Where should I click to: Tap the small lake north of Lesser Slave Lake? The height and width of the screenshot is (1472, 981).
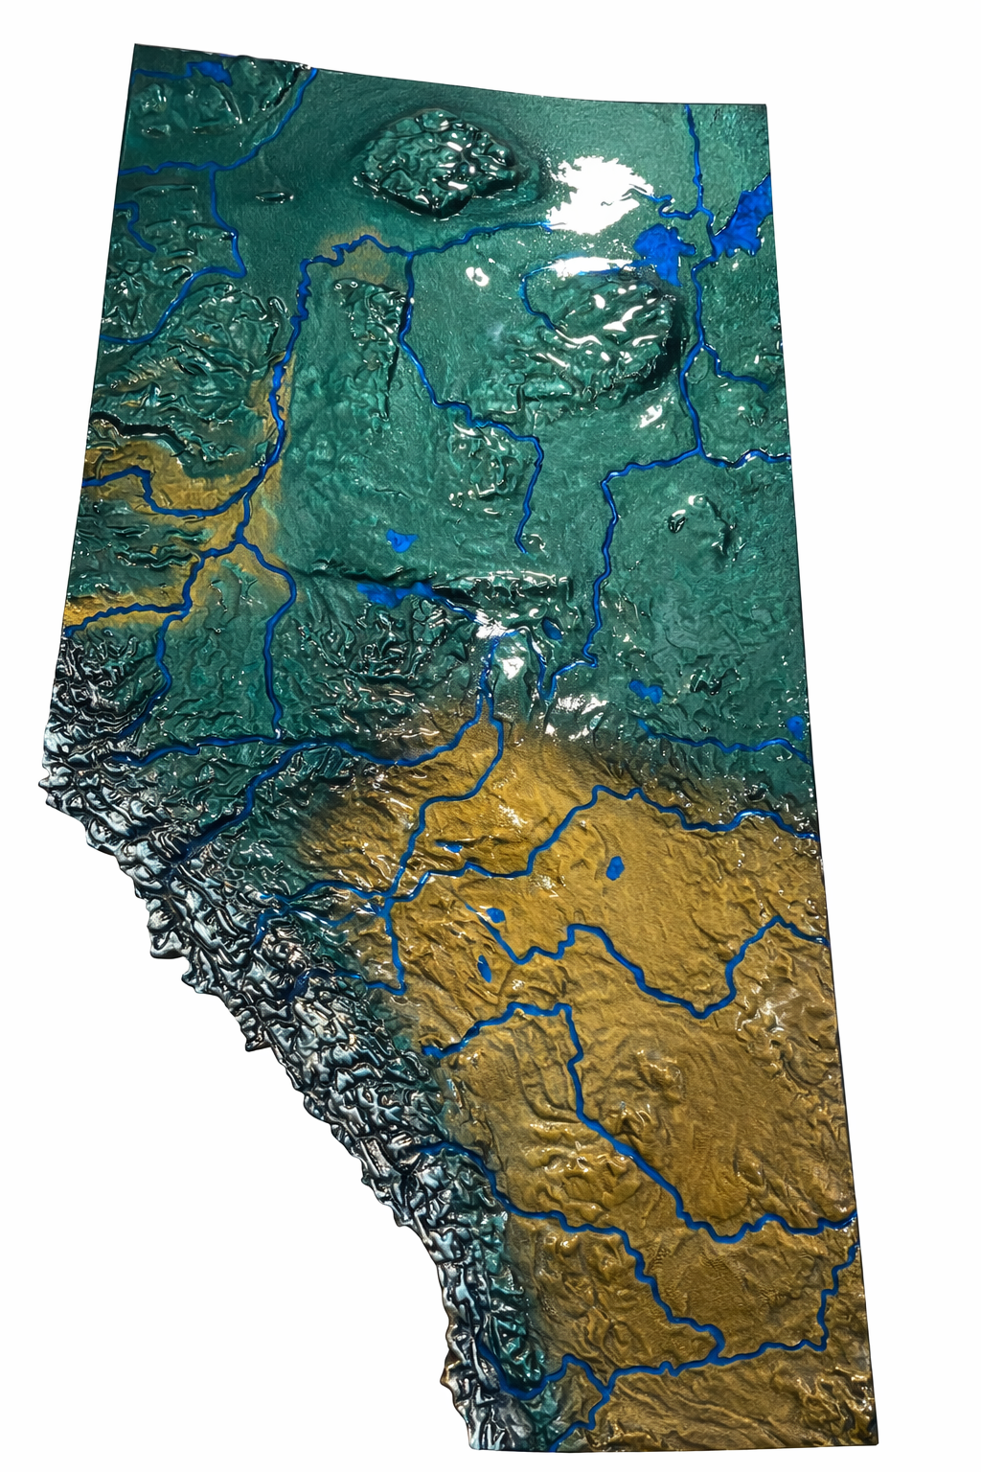pos(399,539)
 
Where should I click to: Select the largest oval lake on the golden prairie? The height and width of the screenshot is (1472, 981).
pos(614,868)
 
